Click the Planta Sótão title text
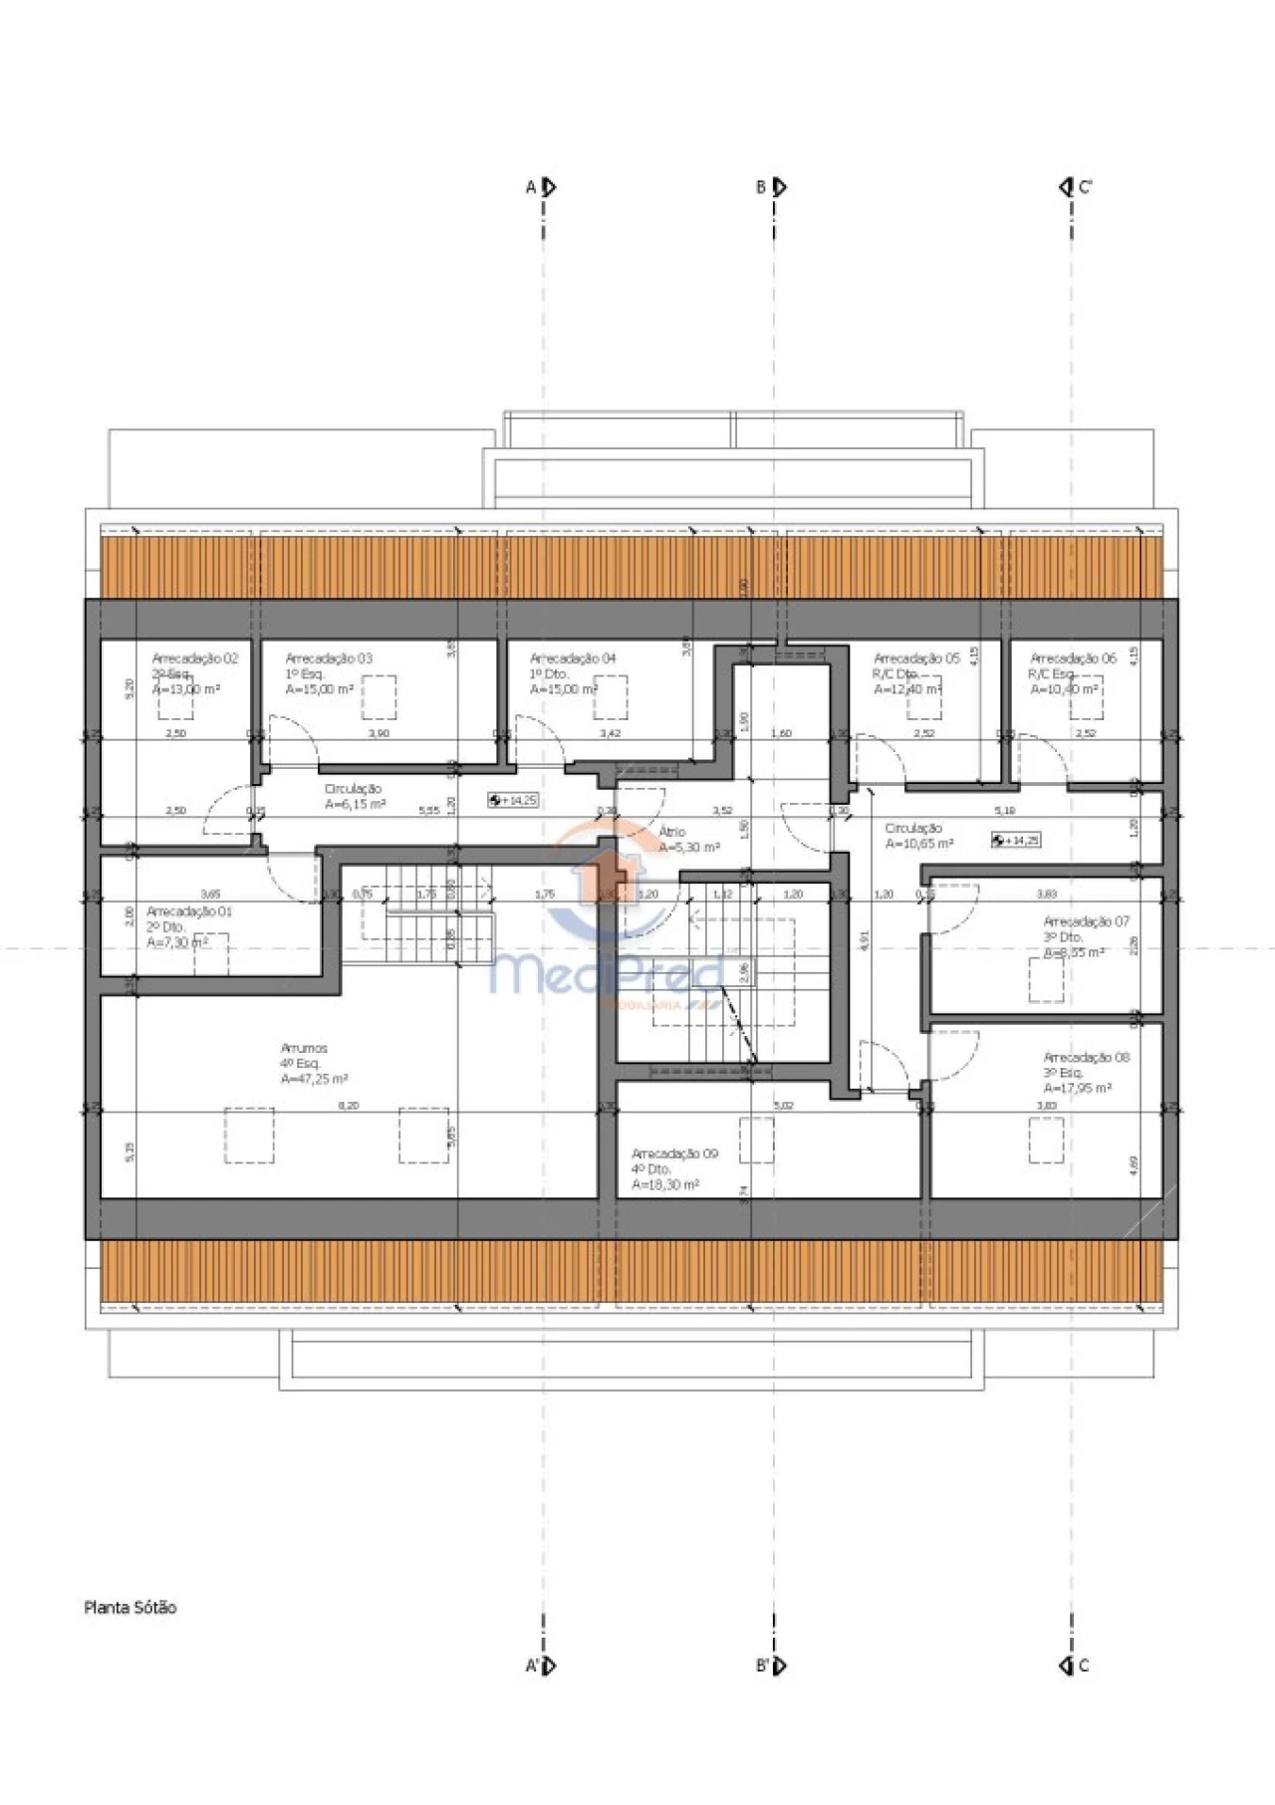pos(129,1607)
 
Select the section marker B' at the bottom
pos(771,1665)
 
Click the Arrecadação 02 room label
pos(194,658)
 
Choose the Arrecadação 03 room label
pos(329,658)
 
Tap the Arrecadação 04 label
pos(573,658)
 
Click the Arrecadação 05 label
pos(916,658)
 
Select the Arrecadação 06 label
pos(1073,658)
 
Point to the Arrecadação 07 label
pos(1086,921)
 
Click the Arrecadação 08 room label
pos(1086,1057)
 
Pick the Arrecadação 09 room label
pos(674,1154)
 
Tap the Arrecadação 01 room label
pos(189,911)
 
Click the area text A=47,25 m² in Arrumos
pos(314,1079)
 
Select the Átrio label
pos(672,832)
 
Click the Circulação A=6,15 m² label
pos(354,797)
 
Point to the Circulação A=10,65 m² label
pos(918,836)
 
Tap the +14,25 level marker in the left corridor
pos(514,800)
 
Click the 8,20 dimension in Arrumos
pos(348,1106)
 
